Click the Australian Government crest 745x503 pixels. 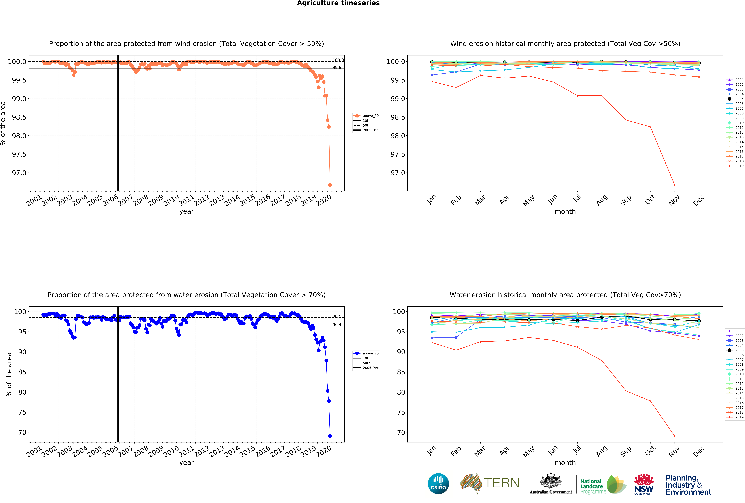coord(550,481)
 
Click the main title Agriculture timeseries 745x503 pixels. coord(338,3)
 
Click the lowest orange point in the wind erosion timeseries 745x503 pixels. coord(330,185)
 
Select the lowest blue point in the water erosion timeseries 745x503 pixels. coord(330,436)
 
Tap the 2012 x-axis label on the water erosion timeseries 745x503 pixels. coord(201,452)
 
